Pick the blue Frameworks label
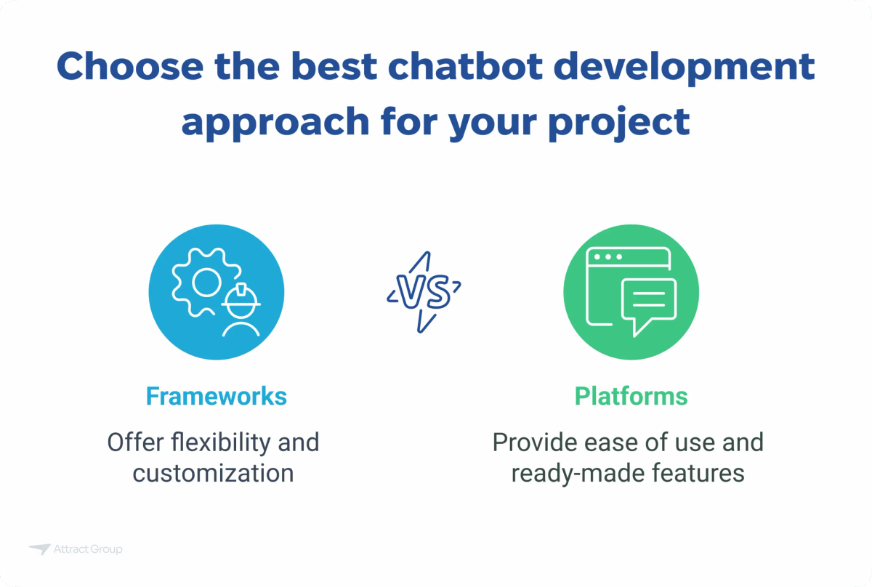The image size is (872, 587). pyautogui.click(x=217, y=396)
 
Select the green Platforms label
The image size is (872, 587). pyautogui.click(x=631, y=396)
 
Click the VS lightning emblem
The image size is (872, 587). pyautogui.click(x=424, y=291)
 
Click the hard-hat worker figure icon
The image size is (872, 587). pyautogui.click(x=241, y=309)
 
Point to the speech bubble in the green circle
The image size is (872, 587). pyautogui.click(x=647, y=304)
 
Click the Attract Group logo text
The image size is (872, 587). pyautogui.click(x=88, y=549)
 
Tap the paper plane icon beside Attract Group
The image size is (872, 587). pyautogui.click(x=39, y=549)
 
